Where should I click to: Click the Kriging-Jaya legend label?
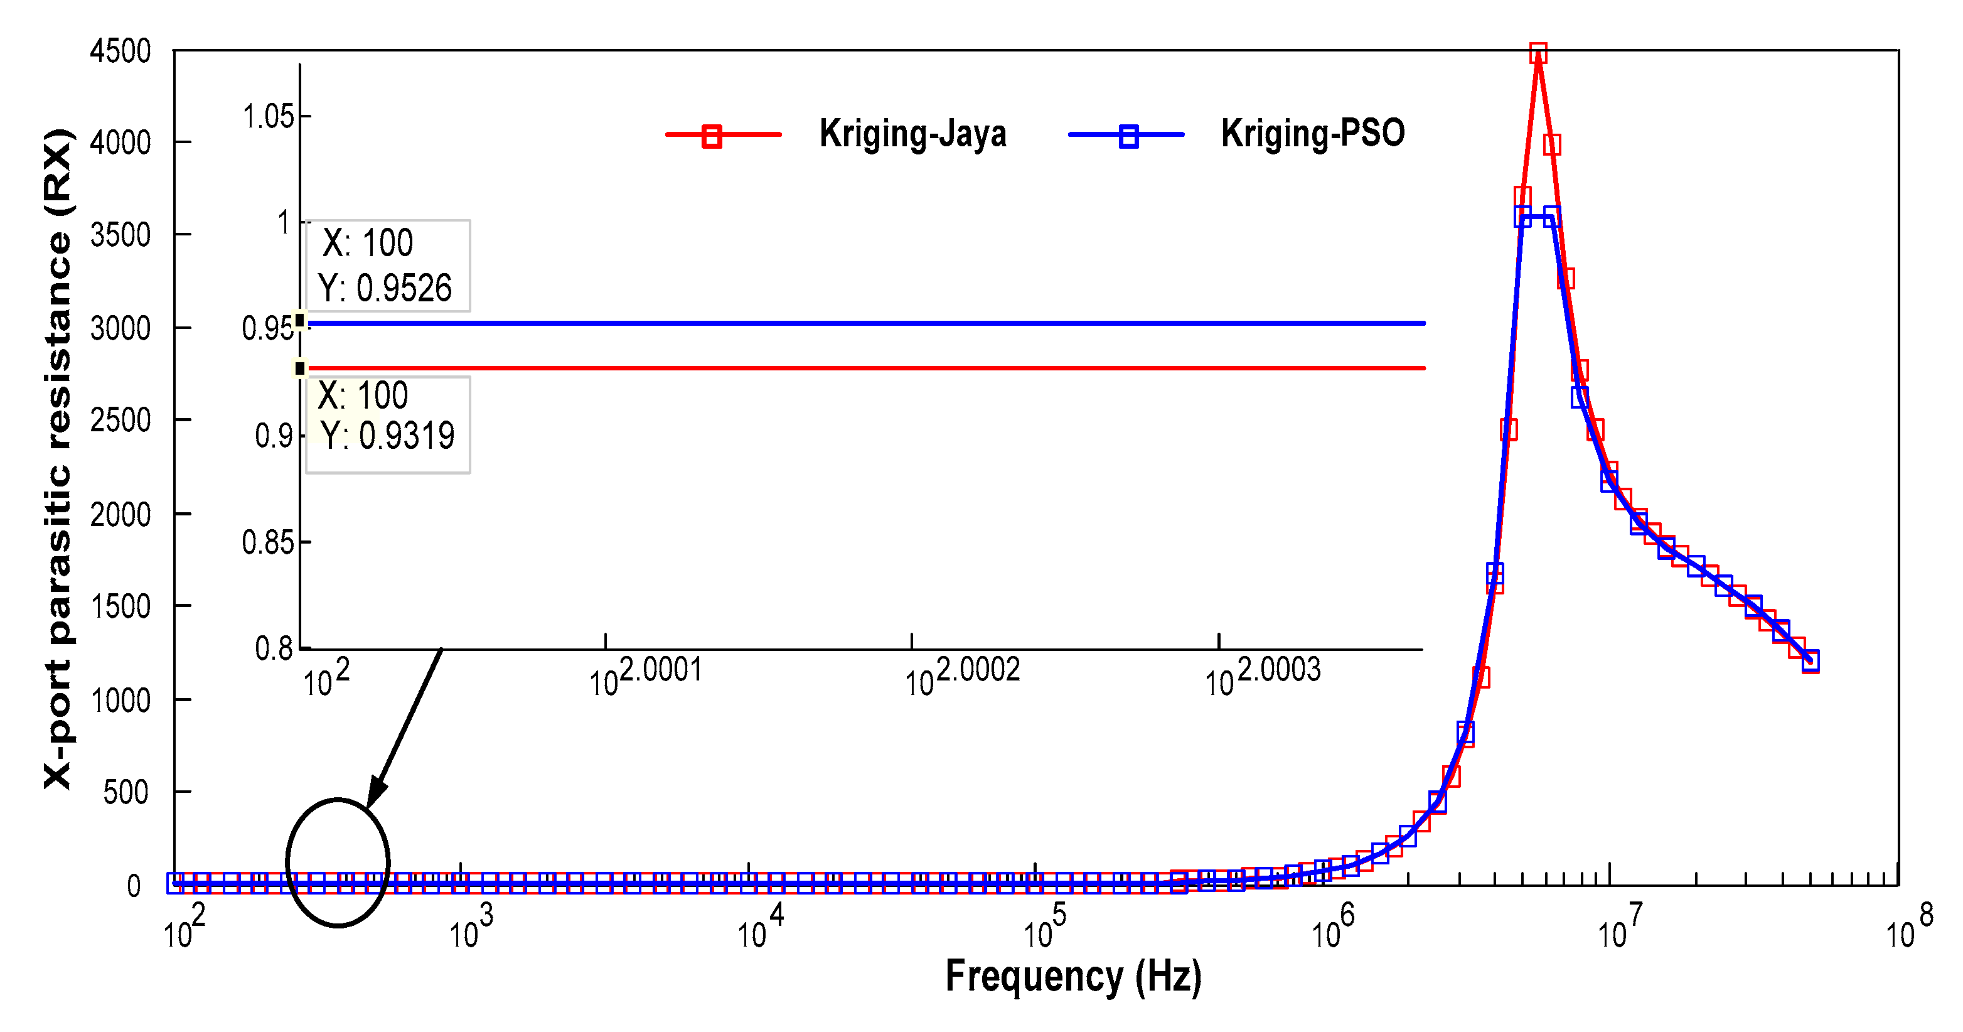click(x=912, y=134)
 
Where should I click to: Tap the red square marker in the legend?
click(x=712, y=136)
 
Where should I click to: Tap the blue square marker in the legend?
click(x=1128, y=136)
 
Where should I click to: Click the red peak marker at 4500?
click(x=1538, y=53)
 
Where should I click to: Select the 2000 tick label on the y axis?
click(x=120, y=515)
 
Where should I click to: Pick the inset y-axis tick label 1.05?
click(x=267, y=117)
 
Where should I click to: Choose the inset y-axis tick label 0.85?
click(x=267, y=542)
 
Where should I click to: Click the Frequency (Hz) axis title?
click(x=1073, y=976)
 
